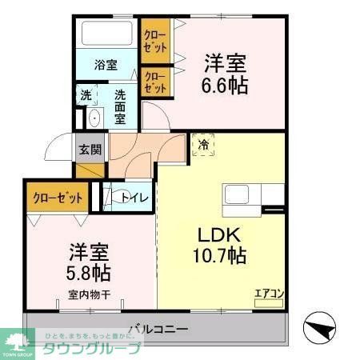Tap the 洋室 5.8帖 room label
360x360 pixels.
[x=89, y=262]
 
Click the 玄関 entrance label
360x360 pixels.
[x=90, y=148]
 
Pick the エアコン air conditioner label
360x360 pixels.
[x=269, y=293]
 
